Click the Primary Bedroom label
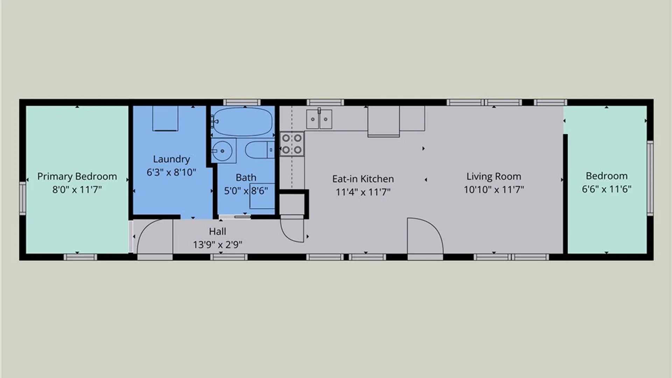click(77, 176)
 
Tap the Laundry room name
click(171, 159)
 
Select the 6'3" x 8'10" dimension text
click(171, 172)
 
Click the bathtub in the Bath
click(243, 122)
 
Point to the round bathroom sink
click(222, 151)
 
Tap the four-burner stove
click(292, 144)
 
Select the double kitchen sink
click(319, 119)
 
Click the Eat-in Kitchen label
click(363, 179)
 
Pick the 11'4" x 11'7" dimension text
click(363, 192)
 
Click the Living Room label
click(494, 176)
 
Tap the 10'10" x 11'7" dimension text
click(494, 190)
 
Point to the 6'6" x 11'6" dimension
click(607, 189)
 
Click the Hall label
click(217, 231)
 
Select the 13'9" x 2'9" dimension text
click(217, 245)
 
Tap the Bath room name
click(246, 177)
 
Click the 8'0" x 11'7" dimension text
click(77, 190)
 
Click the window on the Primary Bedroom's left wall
click(22, 198)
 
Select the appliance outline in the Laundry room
click(165, 118)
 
